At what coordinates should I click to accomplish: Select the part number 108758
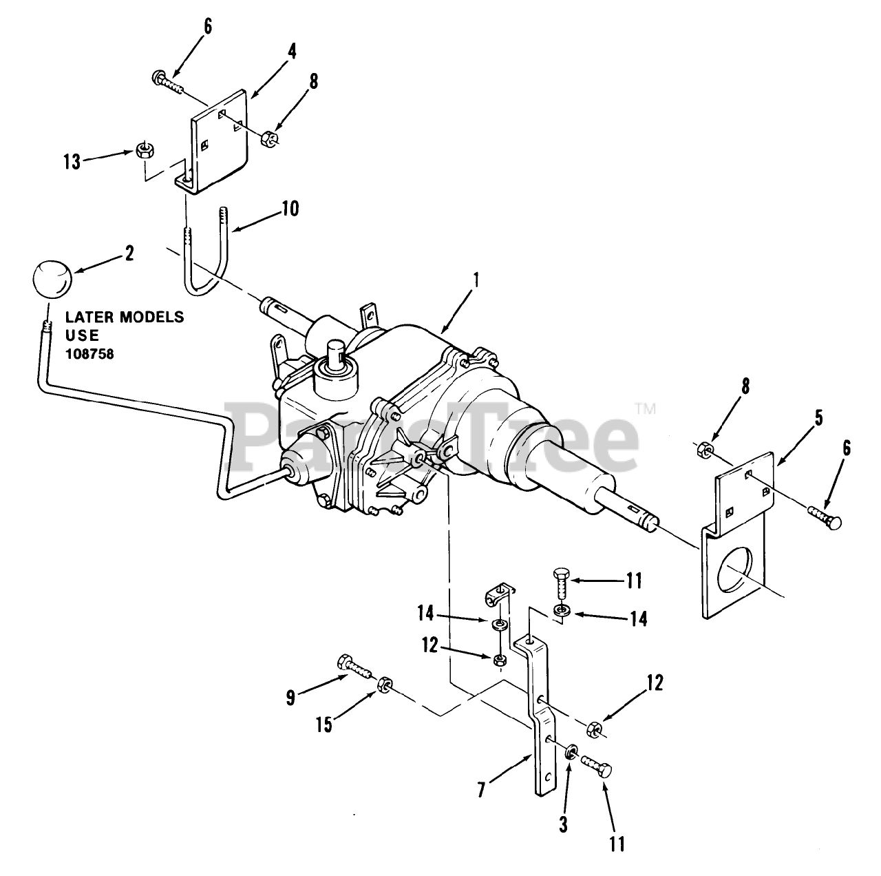(90, 354)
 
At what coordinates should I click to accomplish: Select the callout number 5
(816, 418)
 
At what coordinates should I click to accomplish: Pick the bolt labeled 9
(354, 665)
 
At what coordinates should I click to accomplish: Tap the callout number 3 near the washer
(563, 823)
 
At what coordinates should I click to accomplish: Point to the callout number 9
(290, 698)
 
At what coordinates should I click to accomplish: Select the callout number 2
(129, 252)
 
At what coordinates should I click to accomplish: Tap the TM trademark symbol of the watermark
(644, 409)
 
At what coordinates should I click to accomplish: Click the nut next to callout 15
(385, 683)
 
